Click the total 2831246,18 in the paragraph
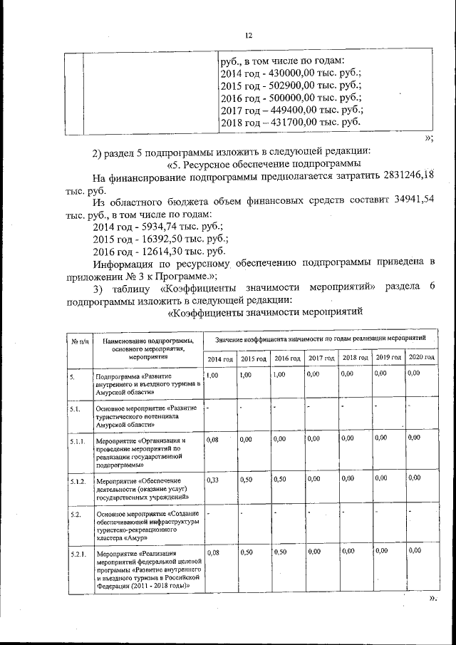click(402, 175)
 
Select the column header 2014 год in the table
click(220, 358)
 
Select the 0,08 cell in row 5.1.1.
click(212, 440)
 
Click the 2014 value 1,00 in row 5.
click(212, 374)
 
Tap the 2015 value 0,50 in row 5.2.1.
click(247, 552)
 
